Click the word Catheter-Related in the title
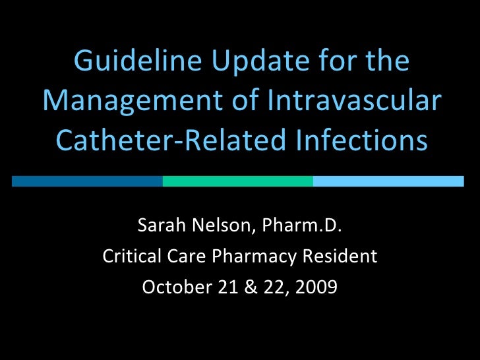pyautogui.click(x=156, y=140)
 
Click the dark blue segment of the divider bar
pyautogui.click(x=87, y=181)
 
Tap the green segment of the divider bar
pyautogui.click(x=237, y=181)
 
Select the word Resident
pyautogui.click(x=344, y=256)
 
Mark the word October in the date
pyautogui.click(x=169, y=287)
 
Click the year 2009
pyautogui.click(x=317, y=287)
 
